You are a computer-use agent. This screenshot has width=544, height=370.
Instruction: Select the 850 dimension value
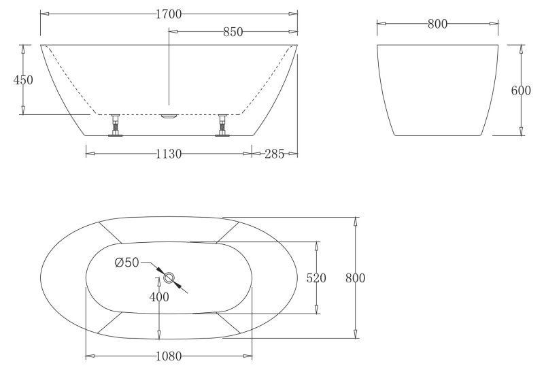click(233, 31)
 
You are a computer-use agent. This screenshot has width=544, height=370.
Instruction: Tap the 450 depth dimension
click(23, 80)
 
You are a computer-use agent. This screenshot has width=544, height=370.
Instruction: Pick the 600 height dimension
click(521, 90)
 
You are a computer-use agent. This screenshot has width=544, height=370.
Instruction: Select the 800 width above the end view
click(437, 24)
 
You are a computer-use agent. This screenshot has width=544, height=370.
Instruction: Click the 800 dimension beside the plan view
click(355, 277)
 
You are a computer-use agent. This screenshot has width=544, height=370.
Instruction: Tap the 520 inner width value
click(317, 277)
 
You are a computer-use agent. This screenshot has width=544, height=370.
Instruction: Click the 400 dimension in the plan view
click(158, 297)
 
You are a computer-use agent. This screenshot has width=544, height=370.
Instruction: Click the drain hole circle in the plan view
click(169, 277)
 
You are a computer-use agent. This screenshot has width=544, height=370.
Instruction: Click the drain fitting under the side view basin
click(169, 116)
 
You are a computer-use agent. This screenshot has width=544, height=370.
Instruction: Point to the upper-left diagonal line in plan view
click(109, 231)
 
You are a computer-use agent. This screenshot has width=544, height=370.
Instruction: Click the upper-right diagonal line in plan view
click(229, 231)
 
